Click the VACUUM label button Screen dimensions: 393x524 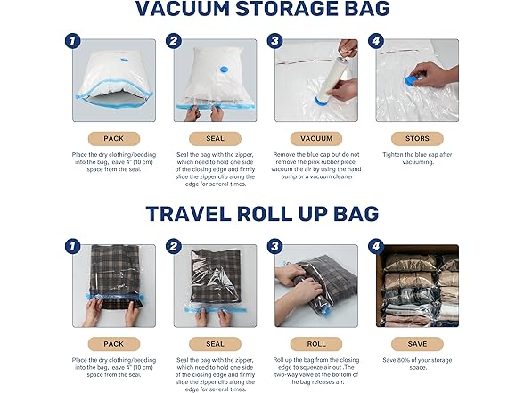tap(316, 138)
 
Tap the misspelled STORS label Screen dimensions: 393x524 tap(416, 138)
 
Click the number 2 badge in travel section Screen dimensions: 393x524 tap(173, 247)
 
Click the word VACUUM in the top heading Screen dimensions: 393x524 tap(194, 8)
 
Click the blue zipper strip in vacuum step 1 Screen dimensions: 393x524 tap(116, 112)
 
